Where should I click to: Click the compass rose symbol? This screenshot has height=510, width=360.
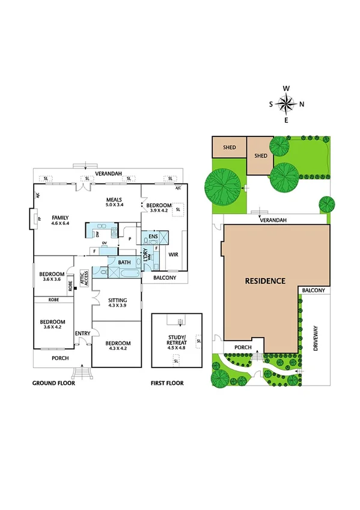(287, 104)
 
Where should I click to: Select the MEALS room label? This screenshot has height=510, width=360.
(114, 199)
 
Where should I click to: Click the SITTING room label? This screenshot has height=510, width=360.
(118, 300)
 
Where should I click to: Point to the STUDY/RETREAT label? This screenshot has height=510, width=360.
(176, 337)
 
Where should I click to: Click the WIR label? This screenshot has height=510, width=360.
(173, 254)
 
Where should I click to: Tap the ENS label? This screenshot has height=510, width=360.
(154, 236)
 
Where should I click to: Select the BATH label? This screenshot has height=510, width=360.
(124, 262)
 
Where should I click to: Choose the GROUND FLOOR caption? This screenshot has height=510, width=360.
(53, 383)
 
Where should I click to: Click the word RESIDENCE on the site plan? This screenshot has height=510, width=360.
(265, 281)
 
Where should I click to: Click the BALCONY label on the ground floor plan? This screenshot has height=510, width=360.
(165, 277)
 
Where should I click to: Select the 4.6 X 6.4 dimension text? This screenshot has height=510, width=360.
(61, 223)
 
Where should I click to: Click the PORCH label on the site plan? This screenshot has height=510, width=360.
(243, 347)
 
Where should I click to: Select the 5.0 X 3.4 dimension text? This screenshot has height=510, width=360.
(114, 205)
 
